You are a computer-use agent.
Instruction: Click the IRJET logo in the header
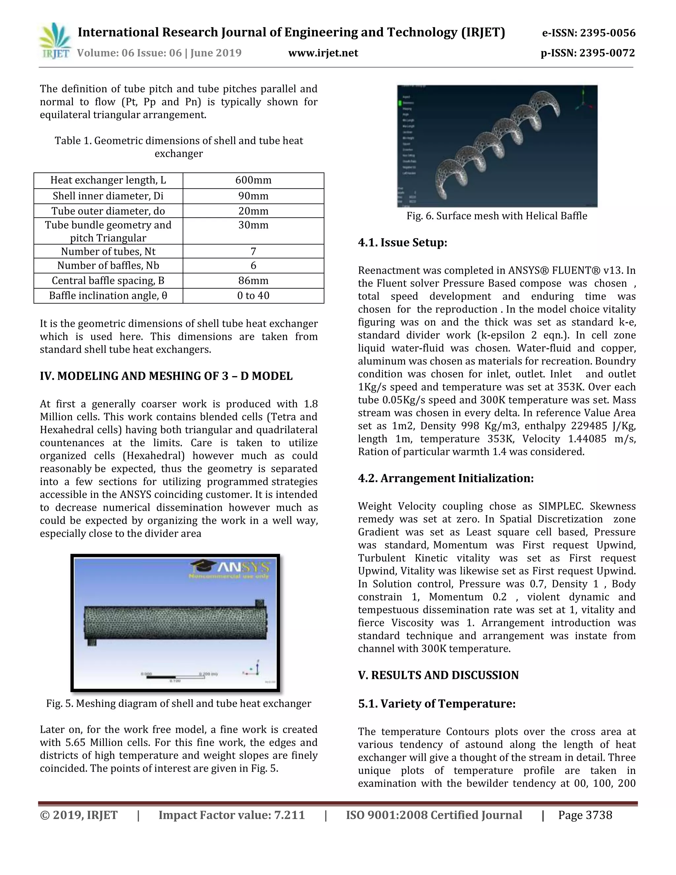tap(55, 41)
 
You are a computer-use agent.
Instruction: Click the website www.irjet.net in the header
tap(323, 53)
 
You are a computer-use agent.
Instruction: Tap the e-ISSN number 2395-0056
tap(608, 33)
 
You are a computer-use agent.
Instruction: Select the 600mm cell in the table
tap(253, 180)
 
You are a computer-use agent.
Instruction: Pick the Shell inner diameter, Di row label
tap(108, 196)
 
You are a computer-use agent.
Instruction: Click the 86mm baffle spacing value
tap(253, 280)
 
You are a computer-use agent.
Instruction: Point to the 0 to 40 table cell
tap(253, 296)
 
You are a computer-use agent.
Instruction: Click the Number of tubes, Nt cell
tap(108, 252)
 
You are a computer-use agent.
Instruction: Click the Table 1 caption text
tap(179, 147)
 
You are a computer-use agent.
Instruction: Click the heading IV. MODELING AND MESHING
tap(166, 376)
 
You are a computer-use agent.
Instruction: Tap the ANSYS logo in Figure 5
tap(231, 568)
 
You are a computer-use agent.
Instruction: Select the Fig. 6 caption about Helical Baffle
tap(496, 216)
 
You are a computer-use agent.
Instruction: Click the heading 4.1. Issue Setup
tap(402, 243)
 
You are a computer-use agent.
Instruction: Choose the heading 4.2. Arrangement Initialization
tap(445, 478)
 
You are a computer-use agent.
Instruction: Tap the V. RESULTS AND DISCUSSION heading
tap(438, 675)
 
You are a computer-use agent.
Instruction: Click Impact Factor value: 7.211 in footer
tap(231, 815)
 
